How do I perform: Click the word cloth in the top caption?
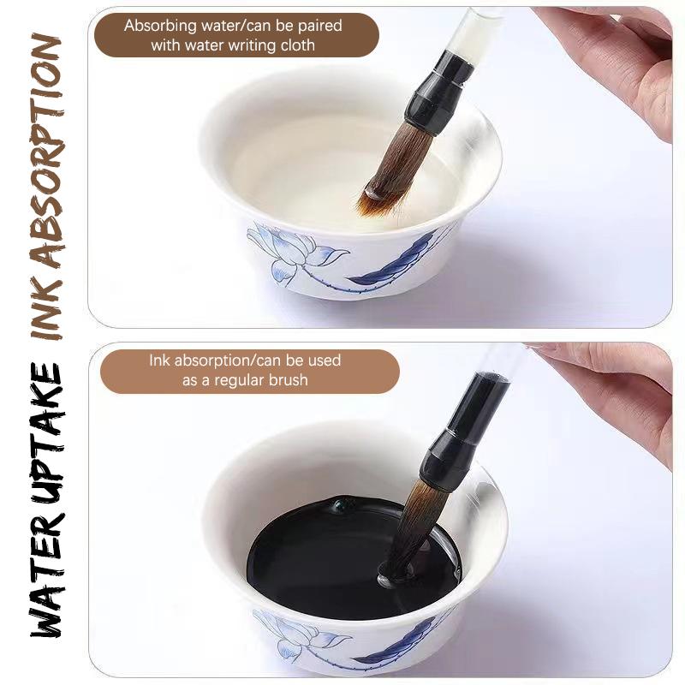pyautogui.click(x=295, y=45)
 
